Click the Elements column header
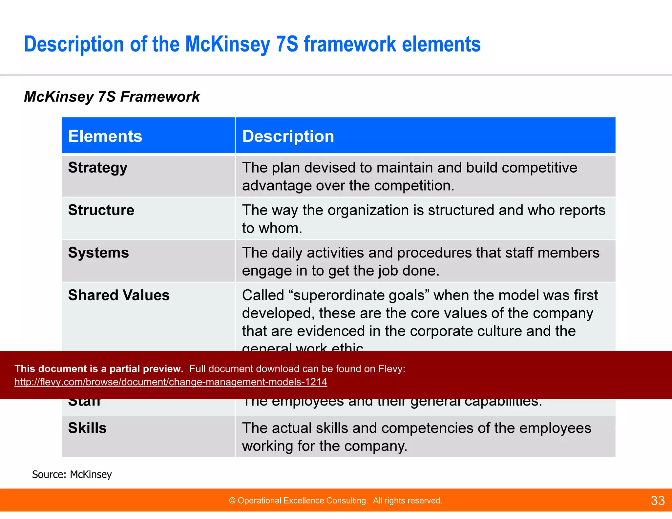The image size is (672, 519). coord(105,136)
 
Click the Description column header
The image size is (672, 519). coord(288,136)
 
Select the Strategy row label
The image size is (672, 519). coord(97,168)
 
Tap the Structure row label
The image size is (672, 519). coord(101,210)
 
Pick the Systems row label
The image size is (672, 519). coord(98,253)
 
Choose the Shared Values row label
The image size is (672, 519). coord(119,295)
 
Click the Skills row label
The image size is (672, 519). coord(87,428)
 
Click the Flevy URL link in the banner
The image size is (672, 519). coord(171,382)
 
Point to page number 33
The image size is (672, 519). coord(657,501)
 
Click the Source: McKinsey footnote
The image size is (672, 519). coord(72,474)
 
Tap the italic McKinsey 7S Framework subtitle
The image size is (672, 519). coord(112,97)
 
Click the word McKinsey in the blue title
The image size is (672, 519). coord(227,44)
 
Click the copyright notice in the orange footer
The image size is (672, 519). coord(335,501)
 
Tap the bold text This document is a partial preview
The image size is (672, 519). coord(99,369)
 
